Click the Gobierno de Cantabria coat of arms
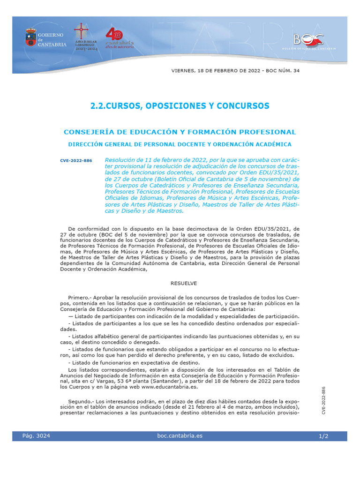[x=30, y=38]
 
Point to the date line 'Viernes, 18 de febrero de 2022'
[x=211, y=71]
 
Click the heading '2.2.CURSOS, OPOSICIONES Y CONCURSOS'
[x=180, y=106]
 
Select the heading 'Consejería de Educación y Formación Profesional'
[x=180, y=132]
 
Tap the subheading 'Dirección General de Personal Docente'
[x=180, y=144]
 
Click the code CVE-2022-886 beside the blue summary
[x=76, y=161]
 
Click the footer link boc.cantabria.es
[x=180, y=436]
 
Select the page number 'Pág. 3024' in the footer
[x=36, y=436]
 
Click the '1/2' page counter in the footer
[x=323, y=436]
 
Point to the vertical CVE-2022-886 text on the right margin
[x=323, y=400]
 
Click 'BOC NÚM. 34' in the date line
[x=282, y=71]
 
